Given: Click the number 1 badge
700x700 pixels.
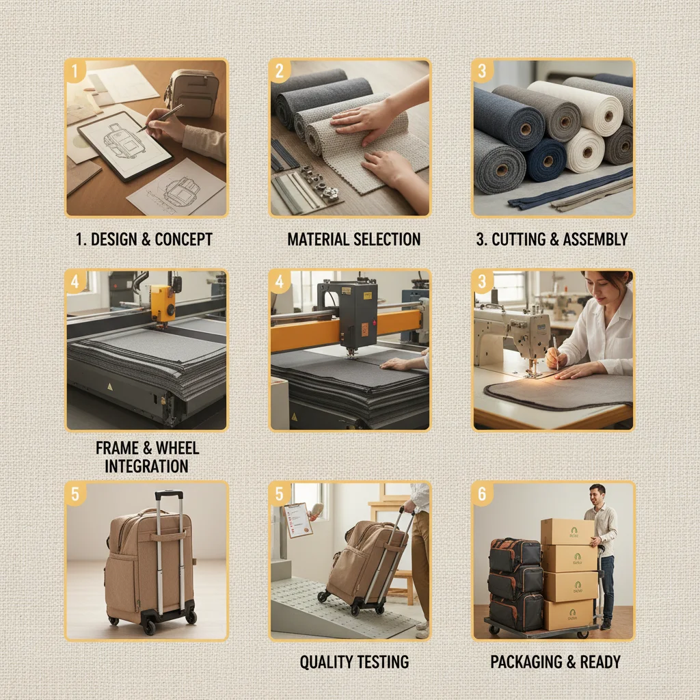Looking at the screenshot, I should pyautogui.click(x=75, y=70).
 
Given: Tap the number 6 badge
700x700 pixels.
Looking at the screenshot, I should pyautogui.click(x=483, y=493).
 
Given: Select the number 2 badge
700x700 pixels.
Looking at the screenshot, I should pyautogui.click(x=279, y=70).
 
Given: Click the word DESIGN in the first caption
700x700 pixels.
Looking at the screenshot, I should pyautogui.click(x=113, y=239).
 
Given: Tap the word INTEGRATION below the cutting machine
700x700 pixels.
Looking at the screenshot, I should pyautogui.click(x=146, y=466).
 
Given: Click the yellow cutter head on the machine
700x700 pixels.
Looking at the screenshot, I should pyautogui.click(x=163, y=301).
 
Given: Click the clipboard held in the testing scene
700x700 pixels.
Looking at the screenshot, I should pyautogui.click(x=297, y=520).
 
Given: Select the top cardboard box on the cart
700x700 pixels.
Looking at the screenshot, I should pyautogui.click(x=567, y=532).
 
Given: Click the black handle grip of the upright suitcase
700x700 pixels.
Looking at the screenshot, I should pyautogui.click(x=169, y=494).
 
